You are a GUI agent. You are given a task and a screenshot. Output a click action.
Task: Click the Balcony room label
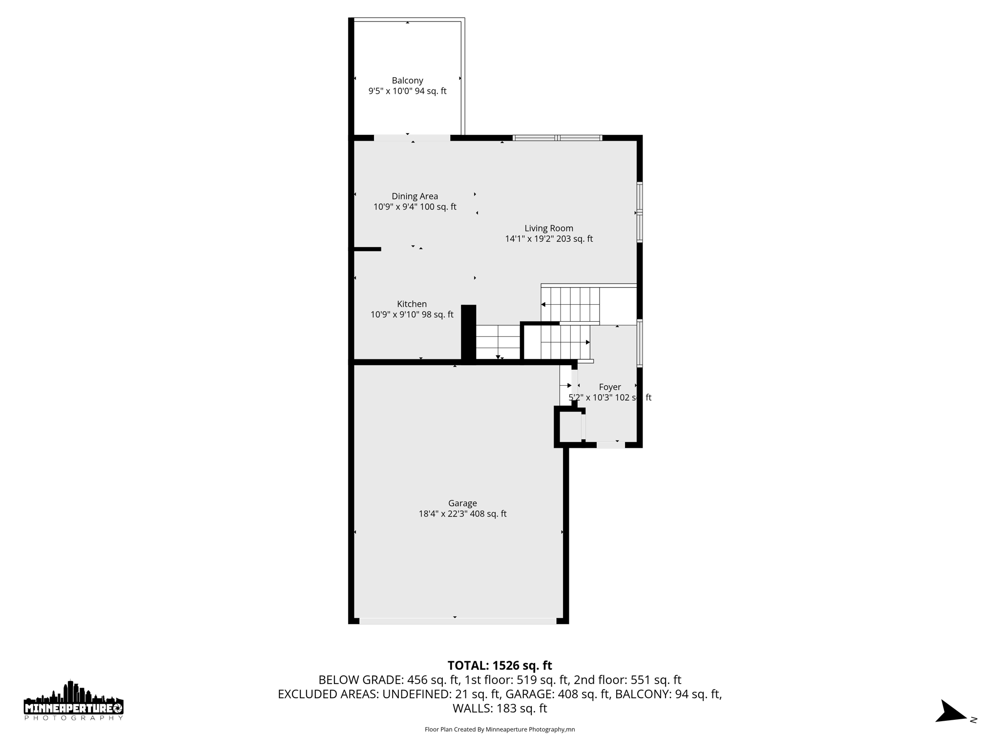click(x=407, y=81)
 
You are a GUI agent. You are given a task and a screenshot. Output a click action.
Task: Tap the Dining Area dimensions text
click(x=415, y=207)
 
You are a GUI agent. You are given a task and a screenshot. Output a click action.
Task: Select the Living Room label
click(x=548, y=228)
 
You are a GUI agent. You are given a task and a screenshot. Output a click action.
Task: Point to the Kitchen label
click(x=412, y=304)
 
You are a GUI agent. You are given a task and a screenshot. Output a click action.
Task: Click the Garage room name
click(x=462, y=503)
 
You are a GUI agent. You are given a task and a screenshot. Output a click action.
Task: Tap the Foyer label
click(x=610, y=387)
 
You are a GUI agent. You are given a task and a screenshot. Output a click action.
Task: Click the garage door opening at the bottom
click(x=458, y=621)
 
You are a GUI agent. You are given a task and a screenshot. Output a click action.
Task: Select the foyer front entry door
click(x=610, y=445)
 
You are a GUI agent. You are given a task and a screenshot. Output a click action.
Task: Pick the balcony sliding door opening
click(x=412, y=138)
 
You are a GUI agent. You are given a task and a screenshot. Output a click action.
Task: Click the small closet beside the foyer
click(x=569, y=427)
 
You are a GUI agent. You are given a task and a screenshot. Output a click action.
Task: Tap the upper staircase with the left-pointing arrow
click(x=570, y=305)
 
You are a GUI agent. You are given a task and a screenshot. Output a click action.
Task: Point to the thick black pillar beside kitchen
click(x=468, y=334)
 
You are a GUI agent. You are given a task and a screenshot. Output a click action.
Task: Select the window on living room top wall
click(x=557, y=138)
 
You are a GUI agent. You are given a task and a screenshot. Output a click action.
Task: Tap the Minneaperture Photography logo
click(x=73, y=701)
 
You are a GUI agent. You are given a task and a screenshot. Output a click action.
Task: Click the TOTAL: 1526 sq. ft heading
click(x=500, y=666)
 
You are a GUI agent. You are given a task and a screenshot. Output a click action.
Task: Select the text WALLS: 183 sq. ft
click(x=500, y=708)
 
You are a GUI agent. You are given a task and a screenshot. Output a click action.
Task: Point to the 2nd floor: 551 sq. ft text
click(x=627, y=680)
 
